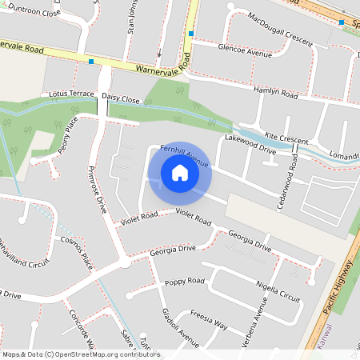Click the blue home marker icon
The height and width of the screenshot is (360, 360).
click(180, 173)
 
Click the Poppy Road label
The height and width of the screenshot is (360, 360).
click(185, 282)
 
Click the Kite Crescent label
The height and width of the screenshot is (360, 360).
click(286, 138)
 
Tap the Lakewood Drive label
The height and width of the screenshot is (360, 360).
click(250, 143)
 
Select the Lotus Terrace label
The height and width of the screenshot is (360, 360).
click(71, 94)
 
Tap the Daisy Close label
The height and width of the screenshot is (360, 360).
click(121, 99)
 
